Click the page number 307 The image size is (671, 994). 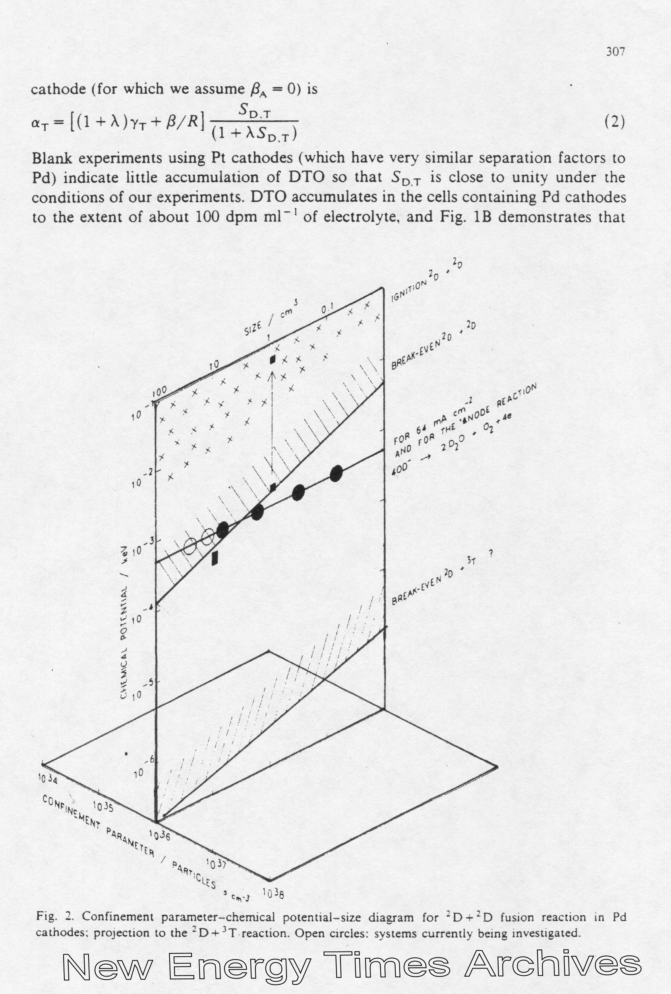pyautogui.click(x=615, y=52)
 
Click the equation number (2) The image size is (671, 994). pyautogui.click(x=615, y=123)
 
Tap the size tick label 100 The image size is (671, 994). pyautogui.click(x=159, y=391)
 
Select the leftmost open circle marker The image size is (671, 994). pyautogui.click(x=190, y=546)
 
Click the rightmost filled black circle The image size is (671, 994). pyautogui.click(x=337, y=473)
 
